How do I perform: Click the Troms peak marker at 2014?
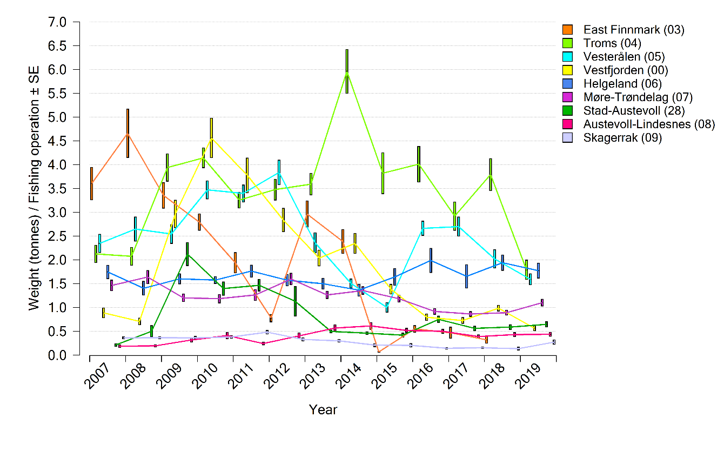pos(347,71)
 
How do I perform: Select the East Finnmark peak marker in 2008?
pos(128,133)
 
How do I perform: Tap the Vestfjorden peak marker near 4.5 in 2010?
pos(211,138)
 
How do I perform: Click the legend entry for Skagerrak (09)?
pos(622,137)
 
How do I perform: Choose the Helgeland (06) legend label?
pos(622,83)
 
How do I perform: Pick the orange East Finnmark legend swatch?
pos(567,29)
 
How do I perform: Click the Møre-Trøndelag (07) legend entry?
pos(638,97)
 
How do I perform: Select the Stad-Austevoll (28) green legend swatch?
pos(567,110)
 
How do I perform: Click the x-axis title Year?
pos(323,410)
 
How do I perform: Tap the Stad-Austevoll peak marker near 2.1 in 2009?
pos(187,254)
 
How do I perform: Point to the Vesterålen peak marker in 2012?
pos(279,172)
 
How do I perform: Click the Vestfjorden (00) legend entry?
pos(626,70)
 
